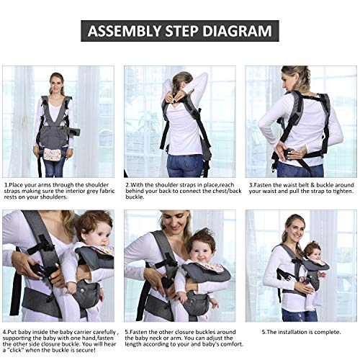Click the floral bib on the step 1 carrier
tap(55, 154)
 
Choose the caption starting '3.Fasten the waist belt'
tap(301, 189)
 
